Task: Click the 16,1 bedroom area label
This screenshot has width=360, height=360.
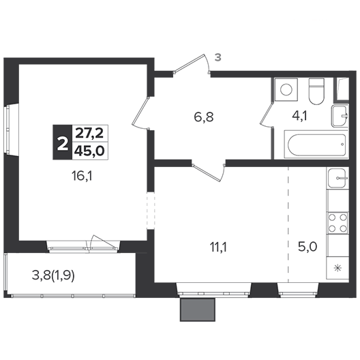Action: (x=82, y=177)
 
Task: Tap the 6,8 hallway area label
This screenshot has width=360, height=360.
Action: (x=204, y=117)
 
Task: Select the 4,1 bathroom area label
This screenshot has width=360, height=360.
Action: (x=299, y=116)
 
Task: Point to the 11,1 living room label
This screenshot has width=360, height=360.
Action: (x=218, y=247)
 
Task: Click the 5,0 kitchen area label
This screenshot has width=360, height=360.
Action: (x=307, y=247)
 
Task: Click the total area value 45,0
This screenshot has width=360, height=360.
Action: (x=89, y=151)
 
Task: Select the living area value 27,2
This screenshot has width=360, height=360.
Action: (x=89, y=134)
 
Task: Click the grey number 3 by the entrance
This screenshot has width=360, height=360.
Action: (x=218, y=57)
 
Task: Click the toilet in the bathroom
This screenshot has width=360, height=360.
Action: (x=316, y=91)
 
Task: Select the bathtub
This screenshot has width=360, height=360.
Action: (x=316, y=145)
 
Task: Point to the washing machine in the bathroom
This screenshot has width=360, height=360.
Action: (x=286, y=89)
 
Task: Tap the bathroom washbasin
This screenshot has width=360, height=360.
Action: (x=340, y=116)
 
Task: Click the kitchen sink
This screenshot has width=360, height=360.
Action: (x=337, y=178)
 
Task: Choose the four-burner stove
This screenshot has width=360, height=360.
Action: (x=337, y=223)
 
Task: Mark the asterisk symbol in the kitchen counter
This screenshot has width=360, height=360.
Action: (x=337, y=268)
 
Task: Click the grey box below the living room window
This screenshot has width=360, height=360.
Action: (x=198, y=310)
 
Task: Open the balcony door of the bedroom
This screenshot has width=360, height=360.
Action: (x=104, y=243)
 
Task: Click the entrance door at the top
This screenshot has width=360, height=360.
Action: (x=192, y=64)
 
